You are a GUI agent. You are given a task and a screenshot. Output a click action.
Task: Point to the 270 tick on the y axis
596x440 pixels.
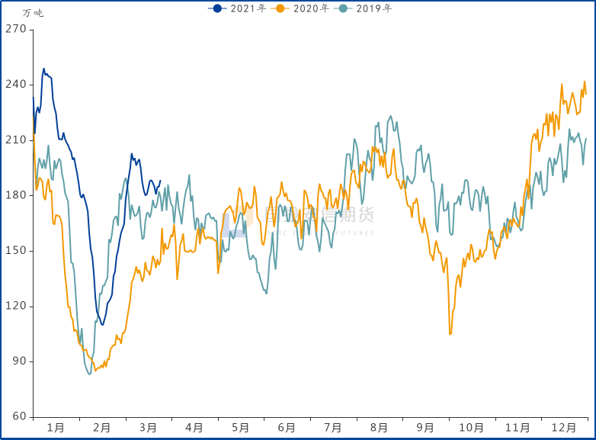pyautogui.click(x=16, y=29)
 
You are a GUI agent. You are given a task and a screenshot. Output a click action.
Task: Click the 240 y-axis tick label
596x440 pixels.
pyautogui.click(x=16, y=85)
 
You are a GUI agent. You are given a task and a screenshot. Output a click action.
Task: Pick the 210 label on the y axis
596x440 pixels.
pyautogui.click(x=16, y=140)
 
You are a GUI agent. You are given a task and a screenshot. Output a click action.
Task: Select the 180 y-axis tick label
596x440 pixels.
pyautogui.click(x=16, y=195)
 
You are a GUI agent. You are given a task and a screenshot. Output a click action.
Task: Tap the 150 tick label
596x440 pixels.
pyautogui.click(x=16, y=251)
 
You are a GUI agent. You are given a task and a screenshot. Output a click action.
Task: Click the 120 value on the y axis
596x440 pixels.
pyautogui.click(x=16, y=306)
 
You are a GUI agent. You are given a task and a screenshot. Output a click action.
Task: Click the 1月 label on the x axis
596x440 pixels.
pyautogui.click(x=56, y=429)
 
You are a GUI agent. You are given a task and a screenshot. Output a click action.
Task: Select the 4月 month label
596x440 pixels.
pyautogui.click(x=194, y=429)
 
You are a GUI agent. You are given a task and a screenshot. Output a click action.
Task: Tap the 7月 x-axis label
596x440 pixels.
pyautogui.click(x=333, y=429)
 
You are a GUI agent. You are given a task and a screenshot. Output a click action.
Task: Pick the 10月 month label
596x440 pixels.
pyautogui.click(x=472, y=429)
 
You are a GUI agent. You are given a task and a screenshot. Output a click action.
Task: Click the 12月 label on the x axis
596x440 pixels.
pyautogui.click(x=565, y=429)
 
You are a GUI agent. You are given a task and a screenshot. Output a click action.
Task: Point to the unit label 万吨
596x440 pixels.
pyautogui.click(x=33, y=13)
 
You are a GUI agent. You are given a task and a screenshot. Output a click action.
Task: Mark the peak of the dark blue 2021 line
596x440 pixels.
pyautogui.click(x=43, y=69)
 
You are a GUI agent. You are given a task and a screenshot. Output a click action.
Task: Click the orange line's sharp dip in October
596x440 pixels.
pyautogui.click(x=450, y=333)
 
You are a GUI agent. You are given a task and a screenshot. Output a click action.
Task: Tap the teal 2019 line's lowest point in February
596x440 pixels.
pyautogui.click(x=89, y=374)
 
